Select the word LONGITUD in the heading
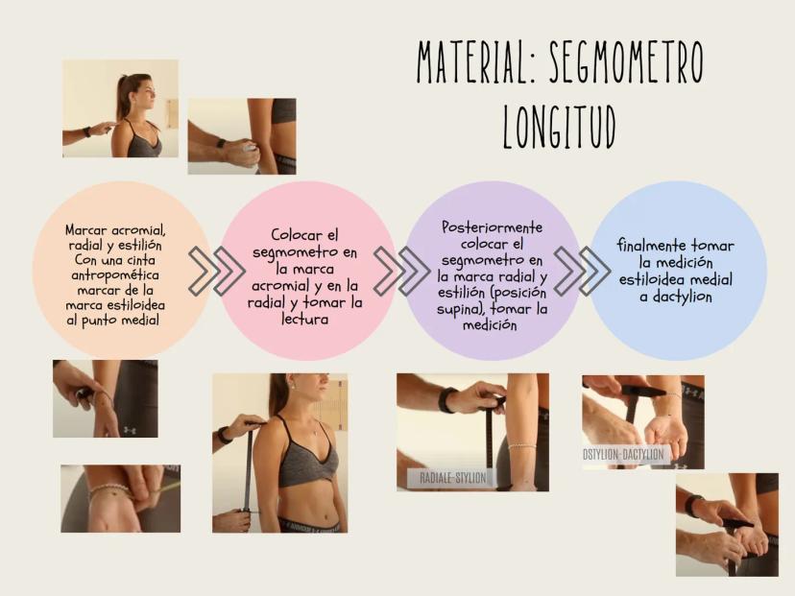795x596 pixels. pos(559,126)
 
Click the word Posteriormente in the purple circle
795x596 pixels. pos(492,227)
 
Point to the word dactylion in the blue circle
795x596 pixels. pos(683,297)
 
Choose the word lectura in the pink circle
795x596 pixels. pos(304,319)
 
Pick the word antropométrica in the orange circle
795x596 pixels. pos(115,275)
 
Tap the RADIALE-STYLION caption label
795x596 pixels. pos(453,477)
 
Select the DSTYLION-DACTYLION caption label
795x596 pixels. pos(622,454)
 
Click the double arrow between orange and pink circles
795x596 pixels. pos(216,272)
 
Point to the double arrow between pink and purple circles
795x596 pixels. pos(401,272)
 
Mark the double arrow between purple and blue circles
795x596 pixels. pos(582,272)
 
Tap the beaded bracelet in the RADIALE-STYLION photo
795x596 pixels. pos(522,446)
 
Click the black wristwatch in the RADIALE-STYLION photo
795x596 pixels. pos(446,400)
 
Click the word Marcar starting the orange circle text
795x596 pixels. pos(86,230)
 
